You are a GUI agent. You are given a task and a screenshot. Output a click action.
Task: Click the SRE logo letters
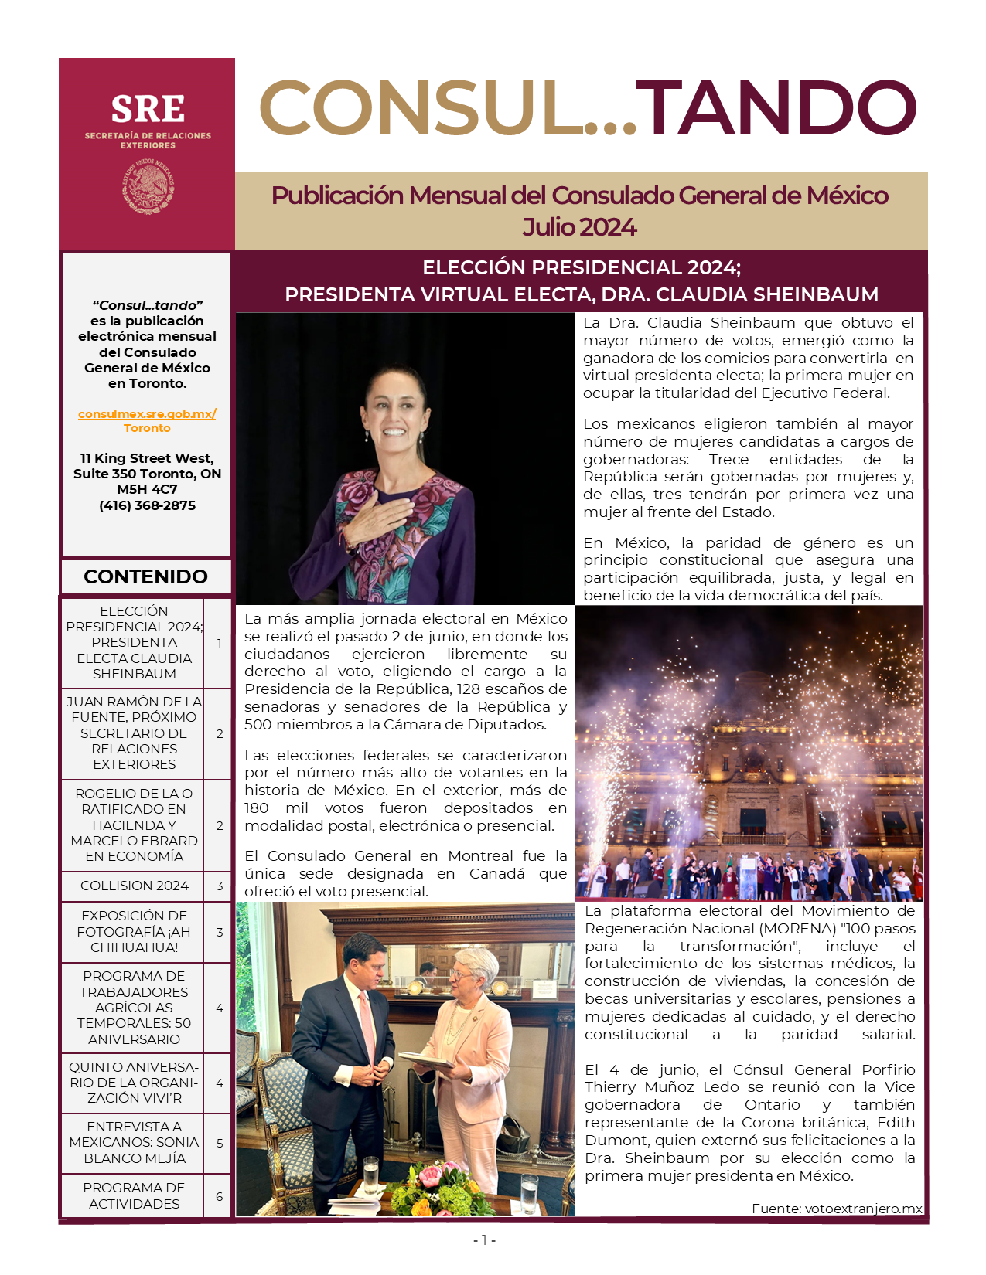pos(148,110)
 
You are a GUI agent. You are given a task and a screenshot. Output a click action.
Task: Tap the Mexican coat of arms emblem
pos(148,187)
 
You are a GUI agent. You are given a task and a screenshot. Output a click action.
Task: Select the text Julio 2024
pos(579,227)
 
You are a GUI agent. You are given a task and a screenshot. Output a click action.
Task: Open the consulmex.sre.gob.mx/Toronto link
pos(147,421)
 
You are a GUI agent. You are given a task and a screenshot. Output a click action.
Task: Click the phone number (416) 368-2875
pos(147,505)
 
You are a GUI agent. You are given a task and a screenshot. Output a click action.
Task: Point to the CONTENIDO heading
pos(145,576)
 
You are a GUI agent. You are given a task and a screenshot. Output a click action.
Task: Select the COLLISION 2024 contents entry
pos(134,886)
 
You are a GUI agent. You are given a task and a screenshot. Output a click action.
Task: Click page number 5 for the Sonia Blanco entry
pos(220,1143)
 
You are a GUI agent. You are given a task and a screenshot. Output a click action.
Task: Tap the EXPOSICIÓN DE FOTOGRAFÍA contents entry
pos(134,931)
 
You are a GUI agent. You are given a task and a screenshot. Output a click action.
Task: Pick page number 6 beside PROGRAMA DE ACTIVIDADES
pos(220,1196)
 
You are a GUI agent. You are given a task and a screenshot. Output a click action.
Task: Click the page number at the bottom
pos(484,1240)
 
